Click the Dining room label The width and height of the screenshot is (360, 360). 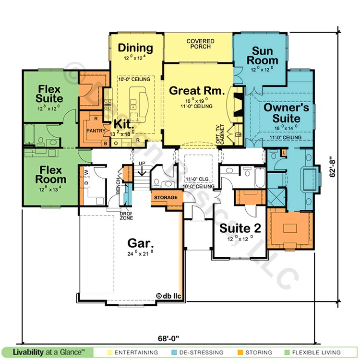pyautogui.click(x=135, y=48)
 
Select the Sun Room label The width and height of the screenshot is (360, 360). pyautogui.click(x=265, y=56)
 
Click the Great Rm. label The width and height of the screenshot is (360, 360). pyautogui.click(x=197, y=90)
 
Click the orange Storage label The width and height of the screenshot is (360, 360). pyautogui.click(x=166, y=197)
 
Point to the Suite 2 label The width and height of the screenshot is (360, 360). pyautogui.click(x=240, y=228)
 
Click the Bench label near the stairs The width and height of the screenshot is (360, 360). pyautogui.click(x=119, y=188)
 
